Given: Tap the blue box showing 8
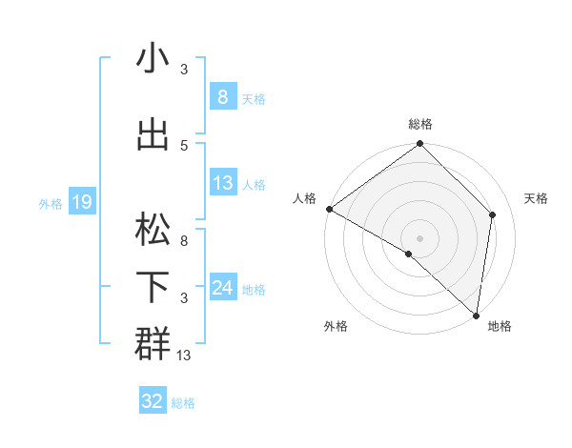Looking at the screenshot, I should [222, 96].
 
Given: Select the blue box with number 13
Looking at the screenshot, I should [222, 183].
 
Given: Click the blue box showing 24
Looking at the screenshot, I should [222, 288].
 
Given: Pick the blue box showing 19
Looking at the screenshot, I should [81, 201].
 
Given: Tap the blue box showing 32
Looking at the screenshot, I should [153, 401].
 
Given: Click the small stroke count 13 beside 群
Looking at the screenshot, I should [184, 356].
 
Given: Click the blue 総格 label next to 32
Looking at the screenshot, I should [183, 403].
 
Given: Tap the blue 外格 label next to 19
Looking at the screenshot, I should [50, 203].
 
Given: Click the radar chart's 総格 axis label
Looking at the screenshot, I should [420, 124].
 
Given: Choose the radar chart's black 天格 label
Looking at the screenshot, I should [537, 198].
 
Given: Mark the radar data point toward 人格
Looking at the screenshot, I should [329, 209].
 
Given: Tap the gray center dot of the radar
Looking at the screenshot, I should [419, 237].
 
